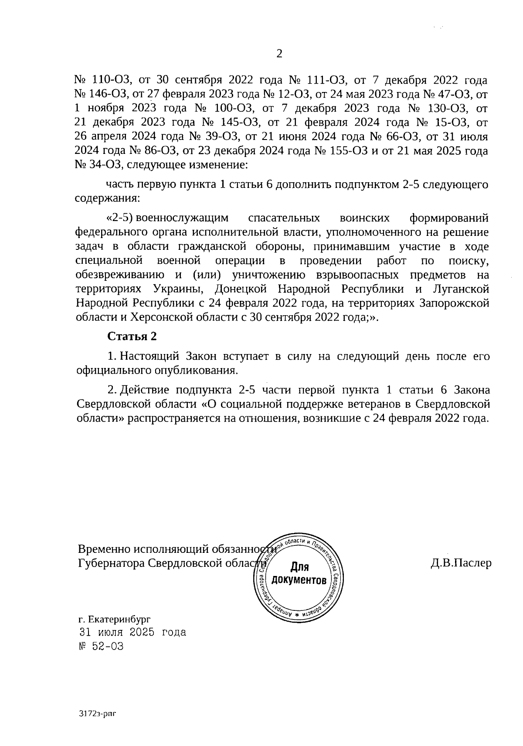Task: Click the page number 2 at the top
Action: (x=279, y=54)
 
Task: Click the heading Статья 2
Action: (x=131, y=337)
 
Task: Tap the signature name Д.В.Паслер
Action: (x=461, y=563)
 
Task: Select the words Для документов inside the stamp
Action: (x=299, y=574)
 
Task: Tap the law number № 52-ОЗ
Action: (x=100, y=646)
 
